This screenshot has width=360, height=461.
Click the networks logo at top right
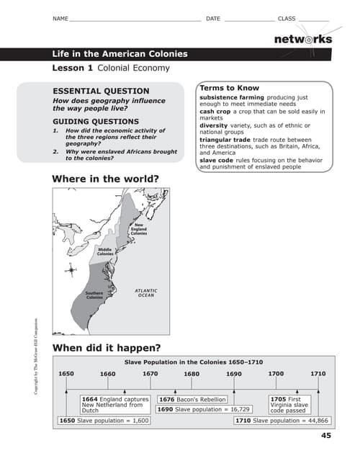pyautogui.click(x=303, y=39)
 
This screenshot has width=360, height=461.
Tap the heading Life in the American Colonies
pyautogui.click(x=120, y=54)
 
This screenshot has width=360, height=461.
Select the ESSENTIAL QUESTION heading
pyautogui.click(x=102, y=91)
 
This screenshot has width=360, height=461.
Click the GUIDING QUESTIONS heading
pyautogui.click(x=96, y=122)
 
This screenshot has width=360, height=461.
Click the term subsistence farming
pyautogui.click(x=232, y=97)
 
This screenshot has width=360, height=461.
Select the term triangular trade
pyautogui.click(x=225, y=140)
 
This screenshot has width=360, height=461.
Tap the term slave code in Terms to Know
pyautogui.click(x=215, y=160)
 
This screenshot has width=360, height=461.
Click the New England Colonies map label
pyautogui.click(x=138, y=229)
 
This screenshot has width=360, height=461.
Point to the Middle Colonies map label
pyautogui.click(x=105, y=251)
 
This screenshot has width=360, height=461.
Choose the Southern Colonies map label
pyautogui.click(x=94, y=295)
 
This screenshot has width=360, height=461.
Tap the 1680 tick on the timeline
pyautogui.click(x=192, y=375)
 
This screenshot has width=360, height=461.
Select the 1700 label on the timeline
pyautogui.click(x=276, y=374)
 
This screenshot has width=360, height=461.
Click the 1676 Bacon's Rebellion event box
pyautogui.click(x=192, y=399)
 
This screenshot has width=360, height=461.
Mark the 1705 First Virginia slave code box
pyautogui.click(x=289, y=405)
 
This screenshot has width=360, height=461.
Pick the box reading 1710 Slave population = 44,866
pyautogui.click(x=282, y=421)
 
